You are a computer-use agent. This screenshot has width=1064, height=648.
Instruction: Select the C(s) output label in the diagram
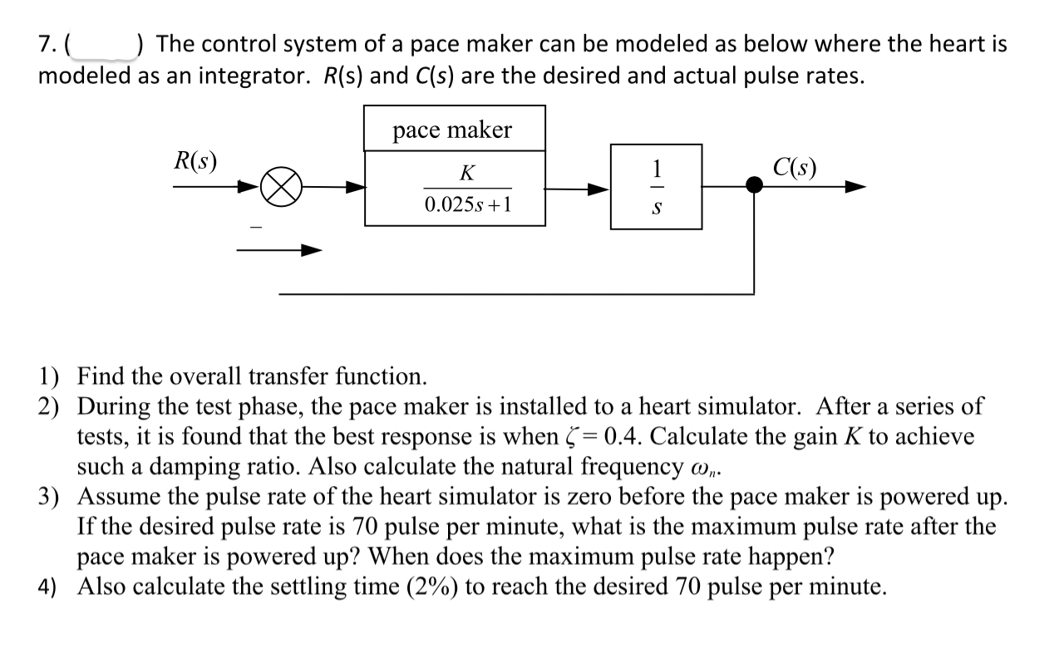tap(793, 167)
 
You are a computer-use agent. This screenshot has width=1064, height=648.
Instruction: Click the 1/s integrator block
tap(656, 187)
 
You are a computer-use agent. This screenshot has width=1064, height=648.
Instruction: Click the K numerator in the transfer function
tap(467, 173)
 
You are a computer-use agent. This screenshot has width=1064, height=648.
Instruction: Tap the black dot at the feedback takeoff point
tap(754, 187)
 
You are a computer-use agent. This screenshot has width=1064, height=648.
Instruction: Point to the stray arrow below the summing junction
tap(278, 249)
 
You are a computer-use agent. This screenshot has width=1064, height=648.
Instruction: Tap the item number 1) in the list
tap(50, 376)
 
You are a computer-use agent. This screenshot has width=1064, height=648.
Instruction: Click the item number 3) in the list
tap(50, 497)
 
